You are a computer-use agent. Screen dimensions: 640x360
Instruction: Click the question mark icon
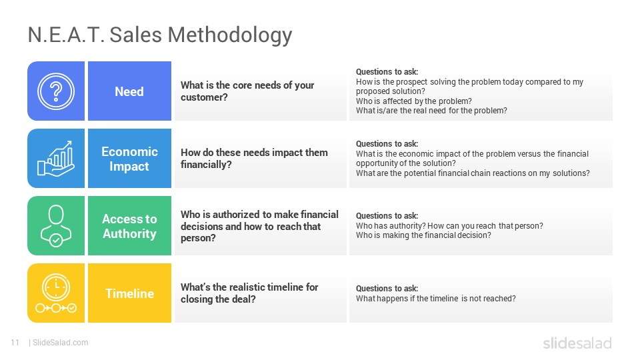(x=56, y=91)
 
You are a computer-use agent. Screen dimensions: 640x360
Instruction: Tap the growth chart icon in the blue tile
(x=56, y=159)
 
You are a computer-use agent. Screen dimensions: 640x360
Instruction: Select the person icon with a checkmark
(x=56, y=226)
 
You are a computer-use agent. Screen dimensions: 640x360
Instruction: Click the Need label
(x=129, y=91)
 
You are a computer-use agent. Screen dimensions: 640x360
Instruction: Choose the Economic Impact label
(x=129, y=159)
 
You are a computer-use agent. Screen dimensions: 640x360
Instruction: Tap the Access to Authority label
(x=129, y=226)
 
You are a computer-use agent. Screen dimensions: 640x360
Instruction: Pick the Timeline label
(x=129, y=293)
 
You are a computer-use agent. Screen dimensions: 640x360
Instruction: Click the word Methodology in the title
(x=230, y=35)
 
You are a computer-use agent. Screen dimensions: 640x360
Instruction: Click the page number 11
(x=15, y=343)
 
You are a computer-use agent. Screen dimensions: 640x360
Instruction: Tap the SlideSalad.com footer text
(x=61, y=343)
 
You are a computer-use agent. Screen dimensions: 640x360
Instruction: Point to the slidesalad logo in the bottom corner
(x=577, y=343)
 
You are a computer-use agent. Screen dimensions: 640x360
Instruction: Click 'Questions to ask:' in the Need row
(x=387, y=72)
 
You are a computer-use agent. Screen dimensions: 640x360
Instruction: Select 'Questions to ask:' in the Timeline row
(x=387, y=289)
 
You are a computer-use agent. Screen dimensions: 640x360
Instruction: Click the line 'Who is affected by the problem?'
(x=414, y=101)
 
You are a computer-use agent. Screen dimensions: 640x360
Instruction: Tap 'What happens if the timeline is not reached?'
(x=436, y=299)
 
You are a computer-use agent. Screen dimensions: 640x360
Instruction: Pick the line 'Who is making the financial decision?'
(x=423, y=235)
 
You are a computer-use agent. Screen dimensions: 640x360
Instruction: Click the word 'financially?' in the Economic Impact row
(x=206, y=165)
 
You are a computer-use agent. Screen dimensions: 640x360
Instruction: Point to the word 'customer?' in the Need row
(x=204, y=97)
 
